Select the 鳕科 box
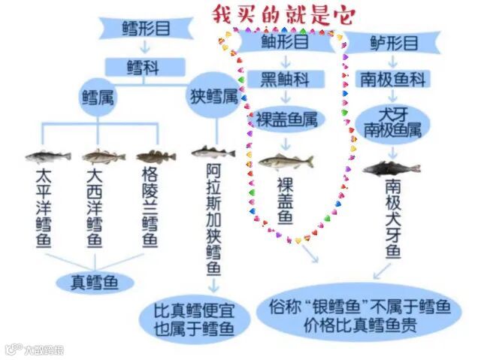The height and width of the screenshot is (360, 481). [x=144, y=67]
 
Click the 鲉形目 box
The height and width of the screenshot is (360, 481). [x=285, y=42]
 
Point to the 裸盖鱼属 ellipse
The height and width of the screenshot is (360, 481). [x=286, y=119]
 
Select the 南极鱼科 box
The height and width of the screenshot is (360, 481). [x=393, y=79]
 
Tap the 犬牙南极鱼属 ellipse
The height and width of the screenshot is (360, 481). [x=393, y=122]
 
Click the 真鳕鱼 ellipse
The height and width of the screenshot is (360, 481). [x=95, y=282]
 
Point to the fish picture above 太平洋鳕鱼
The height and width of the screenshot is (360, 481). [x=47, y=156]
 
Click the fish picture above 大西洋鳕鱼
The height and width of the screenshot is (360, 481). [x=103, y=156]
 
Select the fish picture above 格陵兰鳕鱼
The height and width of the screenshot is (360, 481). [x=156, y=156]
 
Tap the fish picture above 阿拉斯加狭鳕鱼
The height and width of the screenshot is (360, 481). [x=213, y=152]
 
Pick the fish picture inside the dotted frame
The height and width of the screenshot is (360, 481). [x=285, y=161]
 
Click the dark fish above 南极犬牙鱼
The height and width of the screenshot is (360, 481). [x=392, y=167]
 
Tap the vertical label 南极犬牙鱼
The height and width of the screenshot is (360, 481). [x=393, y=218]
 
